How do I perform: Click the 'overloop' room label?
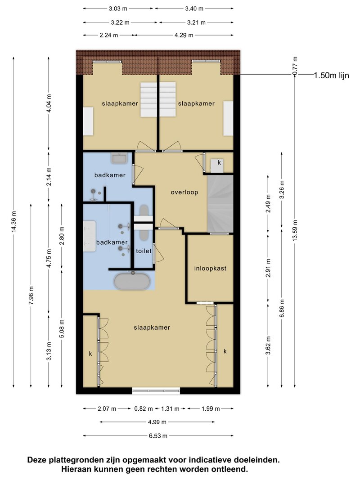[184, 192]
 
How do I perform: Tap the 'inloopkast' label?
[210, 269]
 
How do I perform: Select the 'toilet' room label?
[144, 251]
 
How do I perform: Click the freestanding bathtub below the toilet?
[132, 282]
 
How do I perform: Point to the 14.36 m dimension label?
[14, 222]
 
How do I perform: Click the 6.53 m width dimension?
[158, 435]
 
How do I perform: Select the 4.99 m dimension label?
[157, 422]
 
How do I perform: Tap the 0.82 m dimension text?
[143, 408]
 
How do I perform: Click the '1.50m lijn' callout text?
[332, 75]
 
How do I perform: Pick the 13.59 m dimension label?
[295, 230]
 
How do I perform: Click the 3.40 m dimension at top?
[194, 9]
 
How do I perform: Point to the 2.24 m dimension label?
[108, 35]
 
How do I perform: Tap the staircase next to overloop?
[220, 204]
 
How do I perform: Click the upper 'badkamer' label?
[110, 175]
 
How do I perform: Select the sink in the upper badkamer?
[119, 158]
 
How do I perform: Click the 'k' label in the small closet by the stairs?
[219, 162]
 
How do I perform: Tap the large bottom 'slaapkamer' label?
[152, 327]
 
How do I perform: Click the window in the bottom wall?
[156, 390]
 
